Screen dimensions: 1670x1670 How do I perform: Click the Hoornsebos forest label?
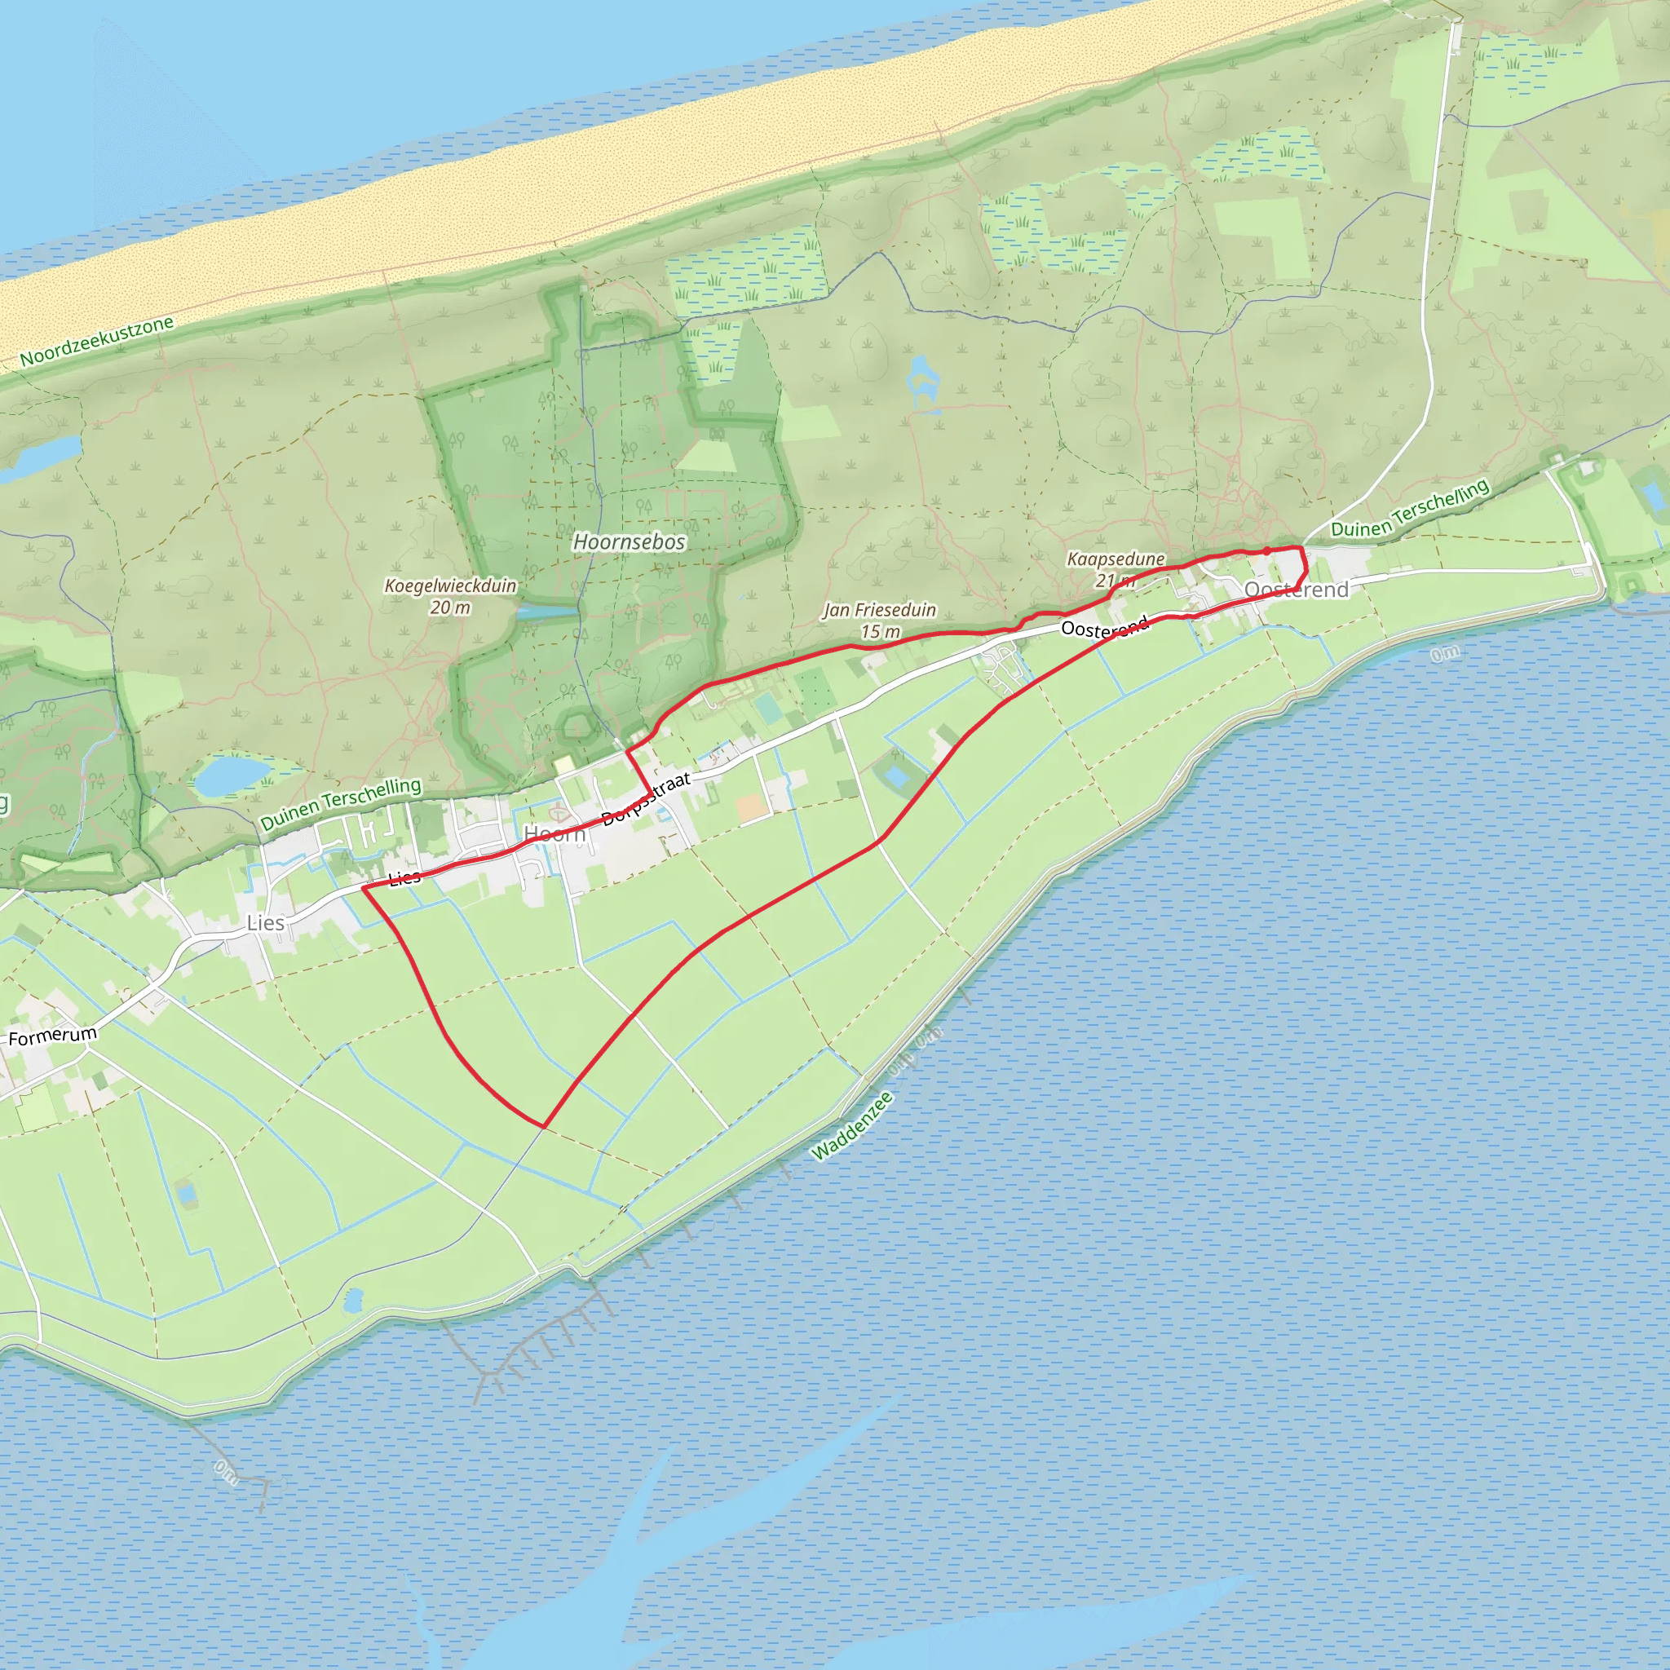(x=630, y=542)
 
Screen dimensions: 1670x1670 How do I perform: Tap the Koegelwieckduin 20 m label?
(x=450, y=596)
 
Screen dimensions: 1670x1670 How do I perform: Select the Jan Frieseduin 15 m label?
(x=880, y=621)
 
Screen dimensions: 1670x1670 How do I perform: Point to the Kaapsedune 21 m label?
(x=1115, y=569)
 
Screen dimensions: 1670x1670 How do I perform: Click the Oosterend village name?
(x=1296, y=590)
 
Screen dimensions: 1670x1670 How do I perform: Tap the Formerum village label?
(x=53, y=1036)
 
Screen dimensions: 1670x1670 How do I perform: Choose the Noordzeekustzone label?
(x=97, y=341)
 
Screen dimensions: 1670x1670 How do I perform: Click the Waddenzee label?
(x=852, y=1124)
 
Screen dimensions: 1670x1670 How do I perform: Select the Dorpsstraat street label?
(x=647, y=800)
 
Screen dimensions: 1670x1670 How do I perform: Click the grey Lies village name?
(x=265, y=923)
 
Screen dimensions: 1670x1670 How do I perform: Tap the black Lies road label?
(x=404, y=878)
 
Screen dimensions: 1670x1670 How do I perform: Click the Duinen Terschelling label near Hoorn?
(x=341, y=803)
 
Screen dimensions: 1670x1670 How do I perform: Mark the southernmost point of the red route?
(x=543, y=1126)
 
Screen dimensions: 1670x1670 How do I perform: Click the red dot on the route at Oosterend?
(x=1266, y=550)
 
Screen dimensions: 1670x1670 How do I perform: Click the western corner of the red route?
(x=363, y=887)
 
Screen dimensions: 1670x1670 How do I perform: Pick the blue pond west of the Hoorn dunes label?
(x=231, y=775)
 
